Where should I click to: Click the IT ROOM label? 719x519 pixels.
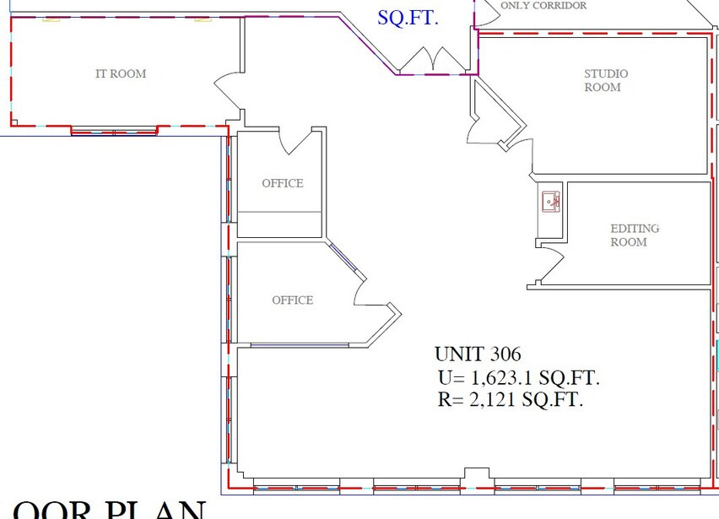click(121, 74)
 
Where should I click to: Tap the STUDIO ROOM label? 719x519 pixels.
click(606, 80)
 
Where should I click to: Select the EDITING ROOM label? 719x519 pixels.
click(635, 235)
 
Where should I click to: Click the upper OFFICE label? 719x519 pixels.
click(282, 183)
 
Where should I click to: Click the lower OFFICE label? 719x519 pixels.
click(292, 300)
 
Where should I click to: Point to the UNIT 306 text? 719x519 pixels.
click(478, 354)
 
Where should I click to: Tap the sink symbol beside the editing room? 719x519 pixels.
click(551, 201)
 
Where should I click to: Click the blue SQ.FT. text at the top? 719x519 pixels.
click(408, 17)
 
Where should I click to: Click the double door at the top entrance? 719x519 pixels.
click(431, 59)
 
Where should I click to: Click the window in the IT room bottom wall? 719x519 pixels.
click(114, 131)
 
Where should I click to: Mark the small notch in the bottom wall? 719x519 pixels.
click(477, 473)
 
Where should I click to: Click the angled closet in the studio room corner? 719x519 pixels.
click(494, 118)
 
